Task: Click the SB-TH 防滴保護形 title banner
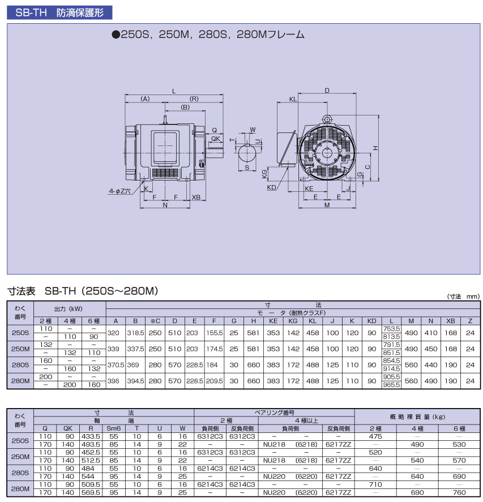point(59,12)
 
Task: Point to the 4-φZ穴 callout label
point(119,191)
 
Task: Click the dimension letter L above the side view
point(174,91)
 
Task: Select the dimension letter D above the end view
point(327,91)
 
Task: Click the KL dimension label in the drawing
point(293,99)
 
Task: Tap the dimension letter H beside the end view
point(376,148)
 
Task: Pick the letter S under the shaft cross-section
point(247,167)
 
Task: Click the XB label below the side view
point(196,197)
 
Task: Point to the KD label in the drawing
point(271,187)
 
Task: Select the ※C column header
point(155,321)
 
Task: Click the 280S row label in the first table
point(20,364)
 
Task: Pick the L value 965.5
point(391,385)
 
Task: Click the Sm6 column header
point(114,428)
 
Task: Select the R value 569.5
point(91,492)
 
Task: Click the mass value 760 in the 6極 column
point(459,492)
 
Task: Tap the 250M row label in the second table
point(20,457)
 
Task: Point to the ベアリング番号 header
point(275,413)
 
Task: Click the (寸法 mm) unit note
point(463,297)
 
